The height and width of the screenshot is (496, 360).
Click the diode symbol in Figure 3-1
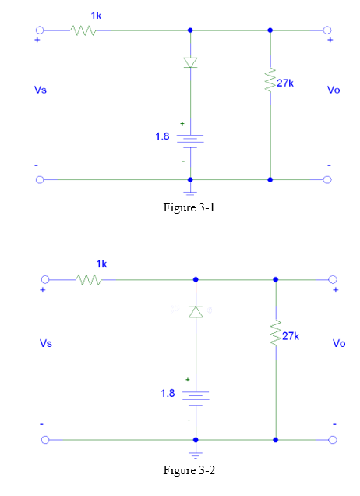(x=190, y=62)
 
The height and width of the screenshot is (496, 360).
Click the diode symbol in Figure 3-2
(x=196, y=311)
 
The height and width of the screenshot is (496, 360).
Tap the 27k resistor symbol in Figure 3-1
(x=270, y=80)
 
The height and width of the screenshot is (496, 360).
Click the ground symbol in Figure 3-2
(x=196, y=452)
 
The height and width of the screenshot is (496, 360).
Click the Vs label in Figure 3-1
(x=40, y=90)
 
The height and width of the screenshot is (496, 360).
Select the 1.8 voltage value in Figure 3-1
(x=161, y=137)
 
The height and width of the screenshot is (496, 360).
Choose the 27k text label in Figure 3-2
(x=291, y=335)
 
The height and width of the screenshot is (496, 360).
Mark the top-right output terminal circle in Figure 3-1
(x=327, y=30)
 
